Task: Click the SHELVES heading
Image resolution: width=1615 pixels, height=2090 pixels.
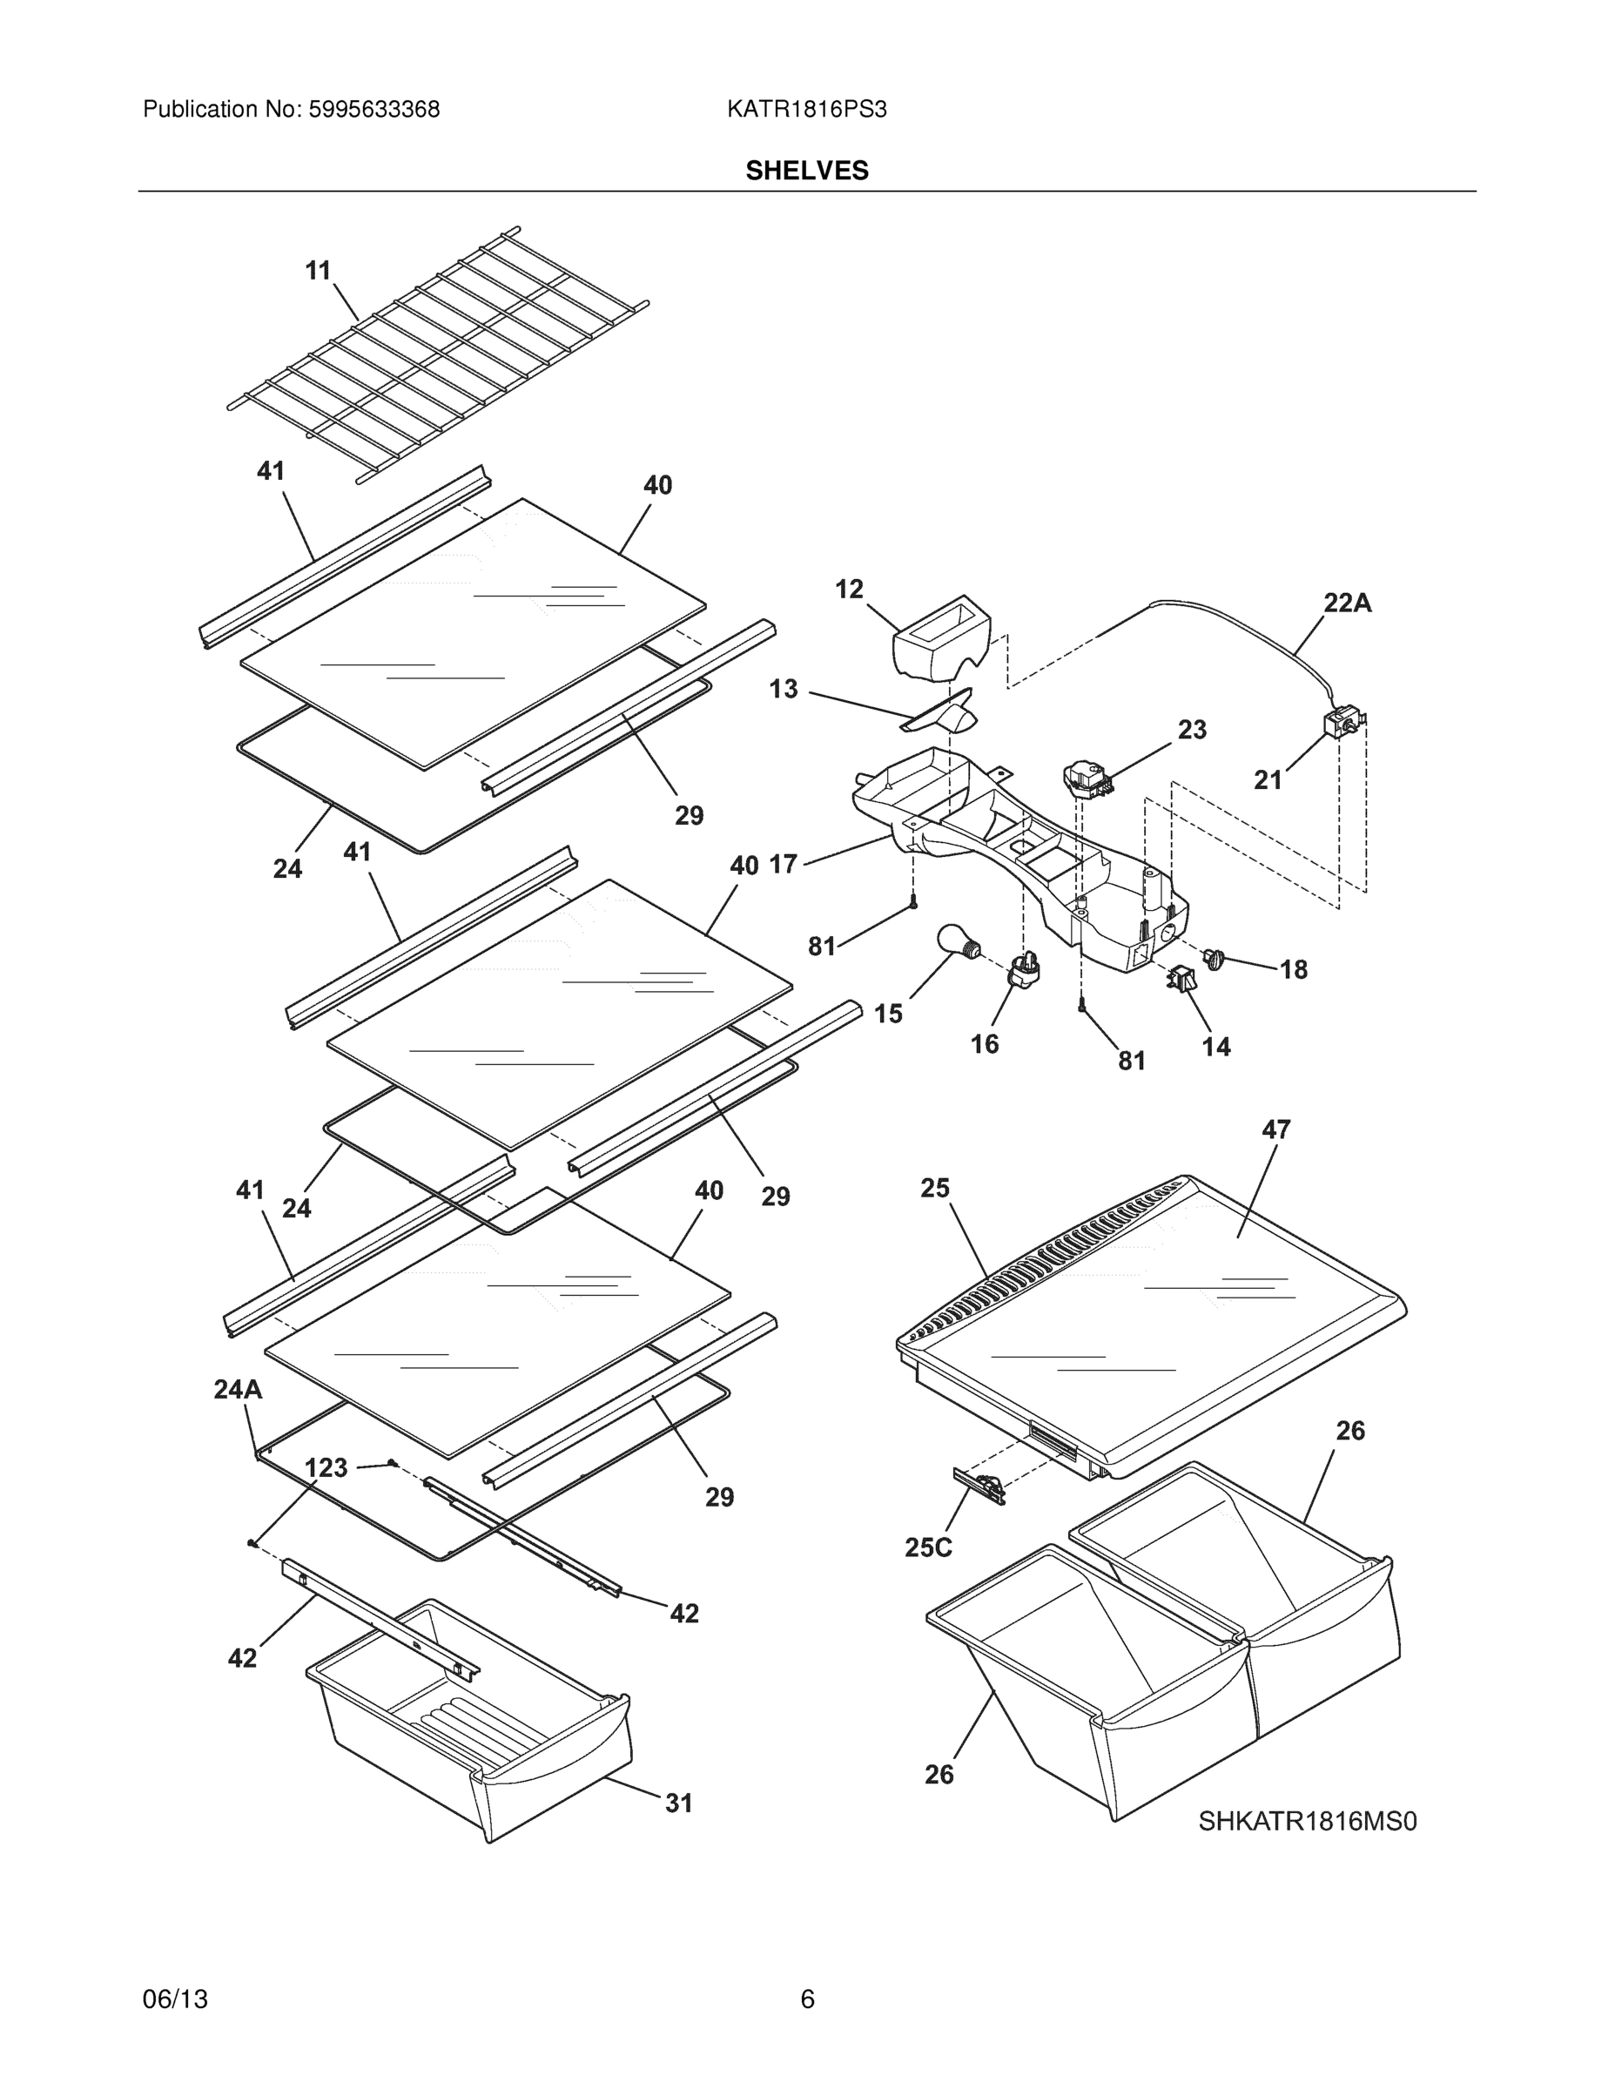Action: [x=806, y=171]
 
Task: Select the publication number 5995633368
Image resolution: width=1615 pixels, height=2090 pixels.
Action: [x=373, y=110]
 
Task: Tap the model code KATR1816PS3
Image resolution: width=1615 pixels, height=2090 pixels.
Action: [x=806, y=110]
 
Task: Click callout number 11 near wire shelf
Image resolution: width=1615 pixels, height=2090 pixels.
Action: [x=318, y=271]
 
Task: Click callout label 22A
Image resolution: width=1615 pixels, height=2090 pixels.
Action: [x=1347, y=603]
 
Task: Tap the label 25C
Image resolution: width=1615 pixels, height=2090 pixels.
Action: [x=928, y=1547]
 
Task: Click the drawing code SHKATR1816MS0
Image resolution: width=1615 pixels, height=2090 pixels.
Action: [x=1307, y=1821]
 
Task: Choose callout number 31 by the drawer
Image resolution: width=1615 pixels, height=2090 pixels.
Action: [x=678, y=1803]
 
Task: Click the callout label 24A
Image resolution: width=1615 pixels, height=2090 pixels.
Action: [x=238, y=1390]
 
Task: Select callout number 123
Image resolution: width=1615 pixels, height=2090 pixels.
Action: [x=326, y=1468]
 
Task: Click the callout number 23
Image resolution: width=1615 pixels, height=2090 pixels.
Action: [x=1192, y=729]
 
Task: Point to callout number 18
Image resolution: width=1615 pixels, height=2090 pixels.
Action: [x=1294, y=969]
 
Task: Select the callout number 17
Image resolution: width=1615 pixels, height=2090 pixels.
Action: [x=783, y=864]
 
